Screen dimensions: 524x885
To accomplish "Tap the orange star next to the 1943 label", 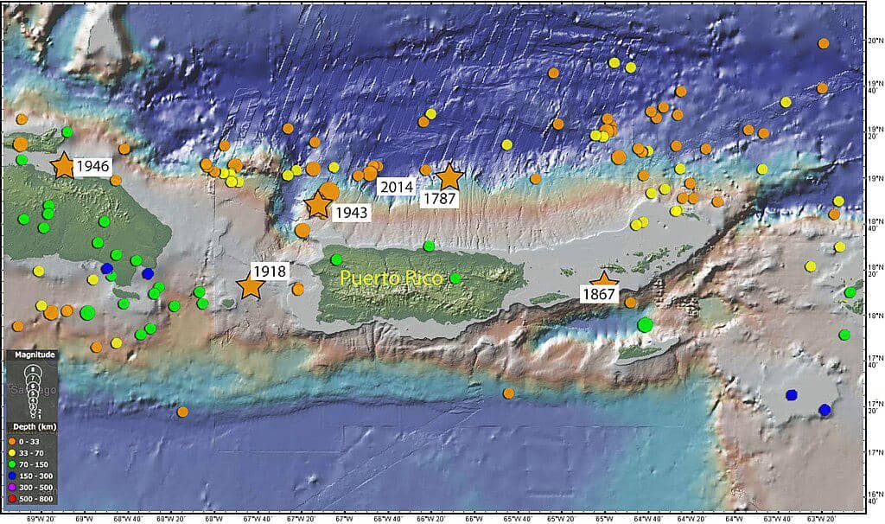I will tap(318, 205).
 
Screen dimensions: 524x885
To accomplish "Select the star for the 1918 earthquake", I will tap(251, 286).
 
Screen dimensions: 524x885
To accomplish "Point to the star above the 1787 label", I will tap(449, 176).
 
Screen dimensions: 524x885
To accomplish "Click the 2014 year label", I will tap(397, 186).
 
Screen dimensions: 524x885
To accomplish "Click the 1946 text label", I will tap(92, 165).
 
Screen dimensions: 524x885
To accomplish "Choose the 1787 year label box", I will tap(439, 199).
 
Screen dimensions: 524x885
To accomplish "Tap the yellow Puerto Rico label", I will tap(392, 278).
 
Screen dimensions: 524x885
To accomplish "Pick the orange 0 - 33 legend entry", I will tap(30, 442).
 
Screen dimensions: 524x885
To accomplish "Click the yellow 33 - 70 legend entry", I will tap(30, 454).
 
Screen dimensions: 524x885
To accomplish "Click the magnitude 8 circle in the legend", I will tap(32, 369).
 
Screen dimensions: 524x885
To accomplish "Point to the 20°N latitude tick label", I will tap(874, 41).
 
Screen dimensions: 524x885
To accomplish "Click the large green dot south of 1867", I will tap(645, 325).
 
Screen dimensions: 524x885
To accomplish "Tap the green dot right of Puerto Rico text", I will tap(455, 278).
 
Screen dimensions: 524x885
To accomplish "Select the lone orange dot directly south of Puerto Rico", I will tap(508, 393).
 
